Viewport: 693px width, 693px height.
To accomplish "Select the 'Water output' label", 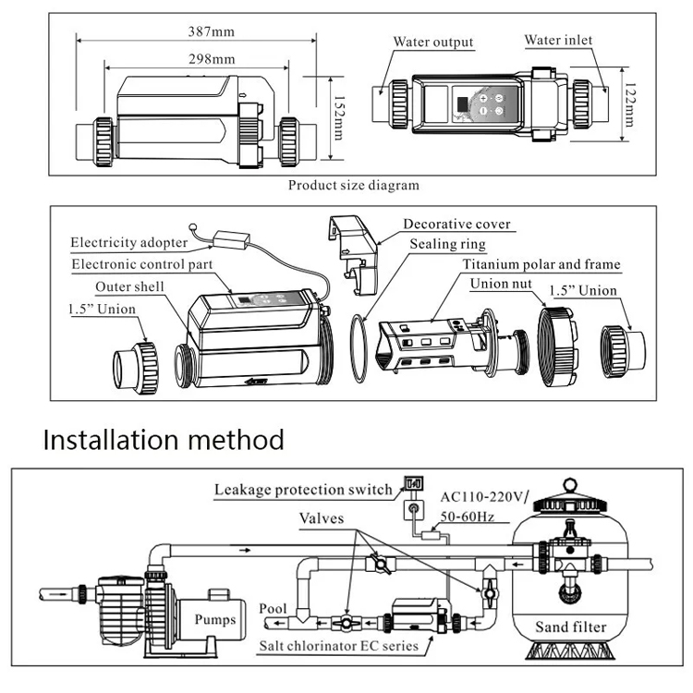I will (433, 42).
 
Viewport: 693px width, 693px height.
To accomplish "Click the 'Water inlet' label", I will (558, 40).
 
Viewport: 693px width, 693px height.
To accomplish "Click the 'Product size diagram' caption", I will (353, 185).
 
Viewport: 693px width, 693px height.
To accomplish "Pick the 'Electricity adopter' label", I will (130, 243).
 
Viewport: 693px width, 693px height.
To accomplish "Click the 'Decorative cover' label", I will (456, 224).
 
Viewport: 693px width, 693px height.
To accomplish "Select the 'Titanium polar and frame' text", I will (541, 264).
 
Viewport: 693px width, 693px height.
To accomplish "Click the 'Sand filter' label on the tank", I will (571, 627).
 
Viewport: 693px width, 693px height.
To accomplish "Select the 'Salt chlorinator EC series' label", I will (337, 645).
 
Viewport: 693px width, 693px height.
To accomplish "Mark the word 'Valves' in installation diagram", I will (322, 518).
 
